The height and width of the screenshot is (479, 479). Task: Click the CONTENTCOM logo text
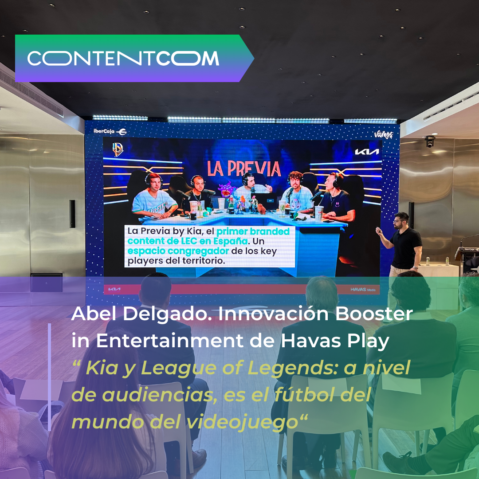click(123, 59)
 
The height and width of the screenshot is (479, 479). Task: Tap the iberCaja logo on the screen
click(110, 131)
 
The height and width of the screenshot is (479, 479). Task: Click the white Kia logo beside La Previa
click(367, 152)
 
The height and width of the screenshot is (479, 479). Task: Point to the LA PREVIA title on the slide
click(244, 169)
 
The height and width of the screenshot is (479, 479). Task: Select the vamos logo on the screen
click(383, 134)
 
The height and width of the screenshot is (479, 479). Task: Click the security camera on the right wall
click(430, 141)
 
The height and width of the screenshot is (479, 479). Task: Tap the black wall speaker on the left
click(72, 214)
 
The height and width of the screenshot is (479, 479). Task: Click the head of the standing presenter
click(401, 220)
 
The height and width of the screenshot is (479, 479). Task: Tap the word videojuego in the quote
click(242, 423)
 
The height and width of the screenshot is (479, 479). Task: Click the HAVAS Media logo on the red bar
click(363, 289)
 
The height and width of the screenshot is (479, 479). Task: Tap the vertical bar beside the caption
click(50, 377)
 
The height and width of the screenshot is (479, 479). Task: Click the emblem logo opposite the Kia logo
click(117, 149)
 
